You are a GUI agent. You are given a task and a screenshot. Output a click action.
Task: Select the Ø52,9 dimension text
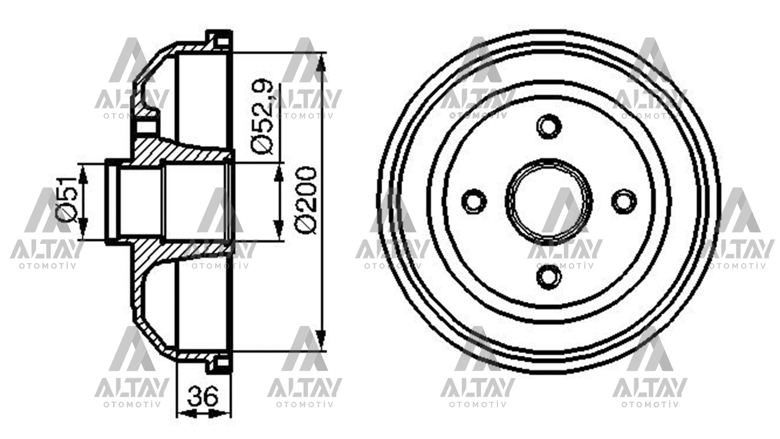[264, 118]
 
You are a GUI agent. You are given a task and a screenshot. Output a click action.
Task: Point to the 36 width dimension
[203, 396]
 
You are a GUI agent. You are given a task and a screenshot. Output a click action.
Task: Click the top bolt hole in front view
[549, 126]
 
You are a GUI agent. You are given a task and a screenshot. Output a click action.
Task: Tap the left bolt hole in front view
[474, 200]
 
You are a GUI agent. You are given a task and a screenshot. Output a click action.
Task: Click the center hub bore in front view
[549, 200]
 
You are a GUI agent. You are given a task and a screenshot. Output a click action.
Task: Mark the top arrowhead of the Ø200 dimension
[321, 65]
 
